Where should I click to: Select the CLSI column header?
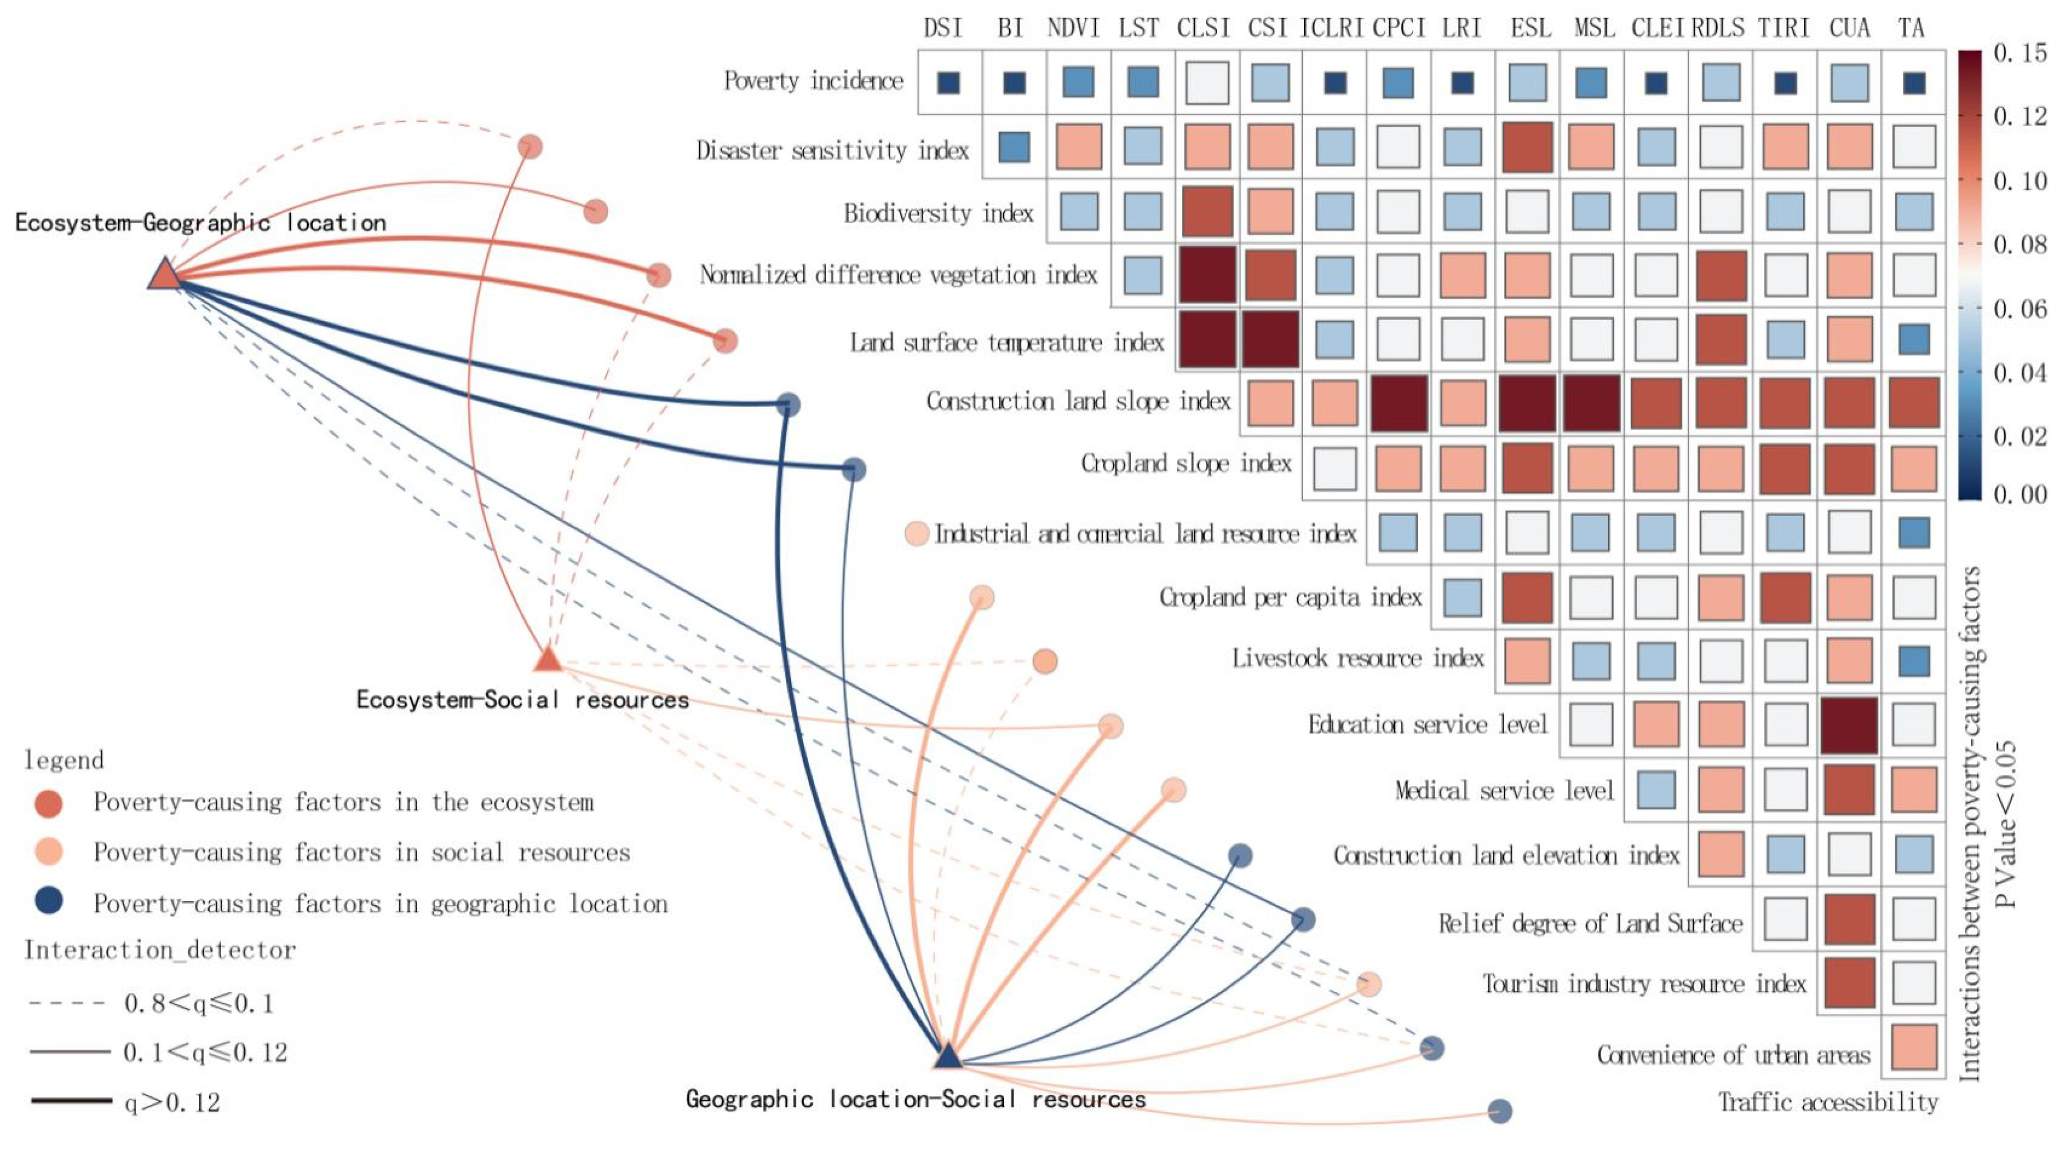pos(1203,28)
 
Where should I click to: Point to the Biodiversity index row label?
pos(938,213)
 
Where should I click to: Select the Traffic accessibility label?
pos(1827,1103)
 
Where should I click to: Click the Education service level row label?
pos(1427,725)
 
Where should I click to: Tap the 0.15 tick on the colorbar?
pos(2020,53)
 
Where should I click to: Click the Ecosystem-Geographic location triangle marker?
pos(165,275)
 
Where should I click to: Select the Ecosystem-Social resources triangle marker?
pos(548,659)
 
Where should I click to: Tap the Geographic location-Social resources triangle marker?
pos(948,1057)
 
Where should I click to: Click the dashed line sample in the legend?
pos(67,1002)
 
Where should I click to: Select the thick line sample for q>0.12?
pos(70,1101)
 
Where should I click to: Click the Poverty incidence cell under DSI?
pos(948,82)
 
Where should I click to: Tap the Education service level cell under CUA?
pos(1848,725)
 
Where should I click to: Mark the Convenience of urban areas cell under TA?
pos(1914,1047)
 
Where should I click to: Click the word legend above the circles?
pos(64,760)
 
